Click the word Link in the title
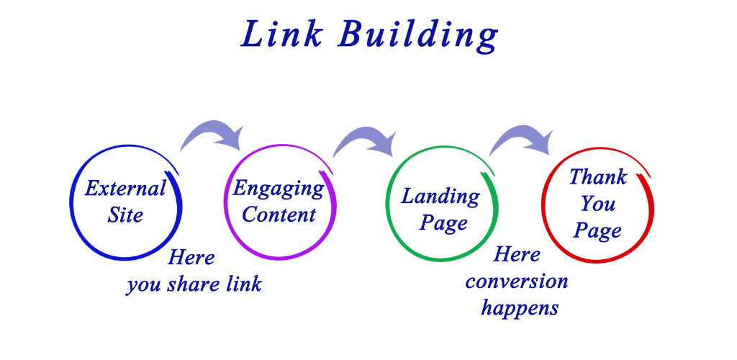pyautogui.click(x=281, y=35)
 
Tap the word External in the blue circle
pyautogui.click(x=125, y=189)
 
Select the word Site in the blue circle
pyautogui.click(x=125, y=215)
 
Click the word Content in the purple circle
pyautogui.click(x=279, y=215)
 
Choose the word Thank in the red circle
pyautogui.click(x=598, y=176)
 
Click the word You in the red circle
pyautogui.click(x=597, y=204)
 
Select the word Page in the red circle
pyautogui.click(x=597, y=231)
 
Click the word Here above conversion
pyautogui.click(x=517, y=255)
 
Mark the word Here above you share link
pyautogui.click(x=191, y=258)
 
